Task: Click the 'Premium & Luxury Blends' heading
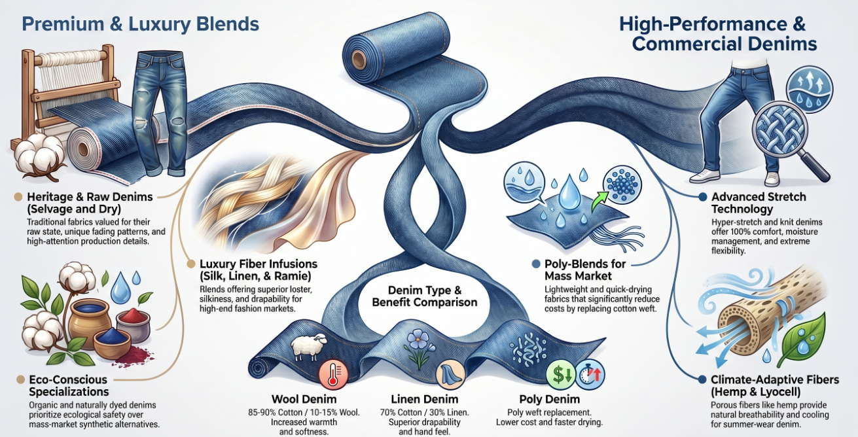click(x=141, y=25)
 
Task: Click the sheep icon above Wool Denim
click(x=304, y=347)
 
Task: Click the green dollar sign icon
click(x=560, y=376)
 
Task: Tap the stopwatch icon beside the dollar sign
click(x=590, y=376)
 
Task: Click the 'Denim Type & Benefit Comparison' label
click(x=425, y=296)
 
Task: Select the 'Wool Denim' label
click(x=304, y=399)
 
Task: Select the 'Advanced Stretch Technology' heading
click(x=758, y=203)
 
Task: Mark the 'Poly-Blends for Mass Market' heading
click(x=585, y=270)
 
